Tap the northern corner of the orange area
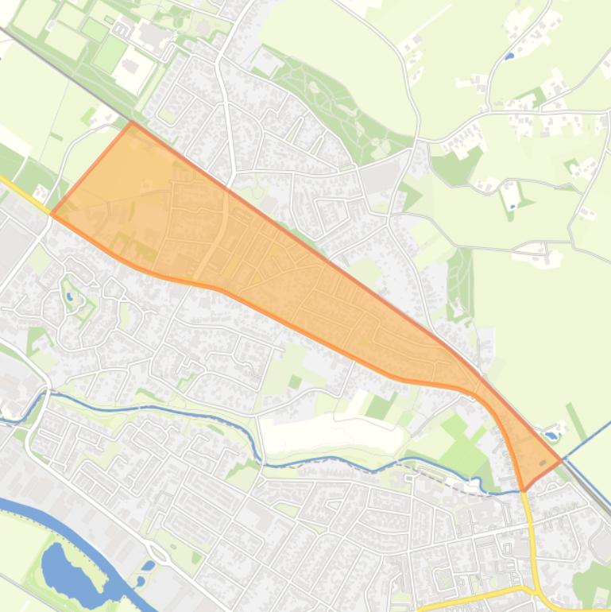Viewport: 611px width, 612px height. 133,122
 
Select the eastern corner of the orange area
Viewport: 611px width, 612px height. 562,459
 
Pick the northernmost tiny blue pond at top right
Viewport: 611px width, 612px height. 509,56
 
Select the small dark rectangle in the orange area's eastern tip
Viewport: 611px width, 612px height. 543,461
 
